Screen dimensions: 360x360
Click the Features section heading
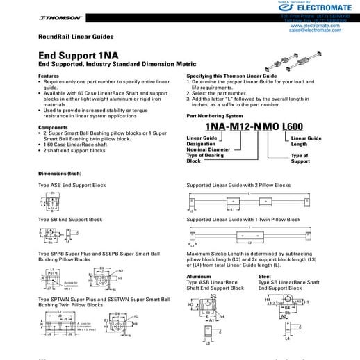pyautogui.click(x=49, y=76)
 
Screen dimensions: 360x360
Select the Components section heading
pyautogui.click(x=53, y=128)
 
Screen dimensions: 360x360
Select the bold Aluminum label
pyautogui.click(x=199, y=276)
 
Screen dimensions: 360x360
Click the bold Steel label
pyautogui.click(x=264, y=276)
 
